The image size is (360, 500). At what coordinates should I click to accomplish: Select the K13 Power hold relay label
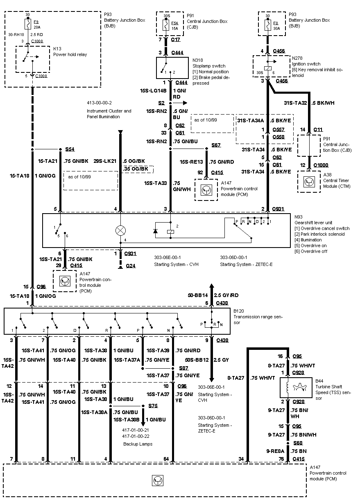coord(70,52)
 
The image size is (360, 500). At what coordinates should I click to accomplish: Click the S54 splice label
coord(70,149)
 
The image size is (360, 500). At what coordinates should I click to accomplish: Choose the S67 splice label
coord(216,146)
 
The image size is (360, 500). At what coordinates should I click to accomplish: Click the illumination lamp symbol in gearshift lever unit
coord(120,230)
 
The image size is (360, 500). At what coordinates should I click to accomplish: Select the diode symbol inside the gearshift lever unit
coord(156,231)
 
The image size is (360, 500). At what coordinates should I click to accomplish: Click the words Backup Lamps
coord(138,444)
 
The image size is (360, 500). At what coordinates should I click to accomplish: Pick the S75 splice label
coord(153,406)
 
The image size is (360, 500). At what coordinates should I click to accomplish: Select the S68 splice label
coord(298,443)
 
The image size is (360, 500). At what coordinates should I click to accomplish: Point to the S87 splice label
coord(183,368)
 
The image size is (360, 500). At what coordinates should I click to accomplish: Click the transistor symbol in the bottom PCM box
coord(157,481)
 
